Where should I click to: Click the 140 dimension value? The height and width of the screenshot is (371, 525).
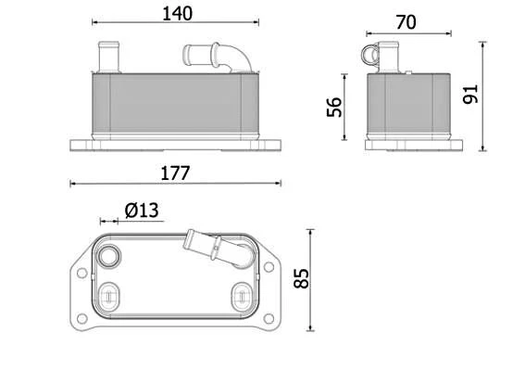(x=177, y=14)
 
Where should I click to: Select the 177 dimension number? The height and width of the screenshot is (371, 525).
(x=175, y=173)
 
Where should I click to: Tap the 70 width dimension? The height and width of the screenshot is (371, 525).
(x=406, y=22)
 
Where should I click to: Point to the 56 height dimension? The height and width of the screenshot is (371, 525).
(x=334, y=107)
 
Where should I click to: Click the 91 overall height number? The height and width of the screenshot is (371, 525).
(x=470, y=95)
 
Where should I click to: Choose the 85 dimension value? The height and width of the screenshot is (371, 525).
(x=301, y=278)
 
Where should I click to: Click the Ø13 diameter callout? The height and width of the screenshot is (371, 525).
(x=142, y=211)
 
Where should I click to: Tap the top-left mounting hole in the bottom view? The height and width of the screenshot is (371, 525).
(x=81, y=273)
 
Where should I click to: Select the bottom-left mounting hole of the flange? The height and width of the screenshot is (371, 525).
(x=81, y=318)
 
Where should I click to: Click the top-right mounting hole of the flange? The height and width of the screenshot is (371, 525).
(x=269, y=267)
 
